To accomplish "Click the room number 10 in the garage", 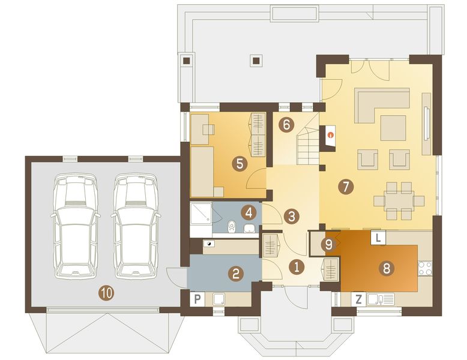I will click(x=106, y=293).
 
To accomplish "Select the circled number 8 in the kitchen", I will click(x=387, y=268).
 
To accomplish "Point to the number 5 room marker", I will click(x=239, y=163).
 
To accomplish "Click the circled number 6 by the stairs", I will click(x=286, y=125).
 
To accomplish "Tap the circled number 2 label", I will click(x=237, y=274).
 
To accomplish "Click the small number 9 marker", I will click(x=327, y=244).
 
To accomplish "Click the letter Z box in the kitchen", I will click(x=358, y=298).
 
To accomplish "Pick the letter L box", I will click(x=378, y=238).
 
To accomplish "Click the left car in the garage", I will click(x=75, y=225).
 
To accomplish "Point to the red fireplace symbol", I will click(x=330, y=135).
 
